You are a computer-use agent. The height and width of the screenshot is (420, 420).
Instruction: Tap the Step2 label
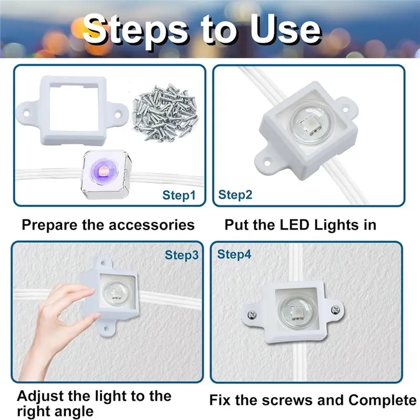tap(235, 195)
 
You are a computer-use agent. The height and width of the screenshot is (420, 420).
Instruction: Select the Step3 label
tap(182, 255)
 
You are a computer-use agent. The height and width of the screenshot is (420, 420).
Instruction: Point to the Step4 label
tap(234, 255)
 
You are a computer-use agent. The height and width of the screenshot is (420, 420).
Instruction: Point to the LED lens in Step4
tap(296, 310)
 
